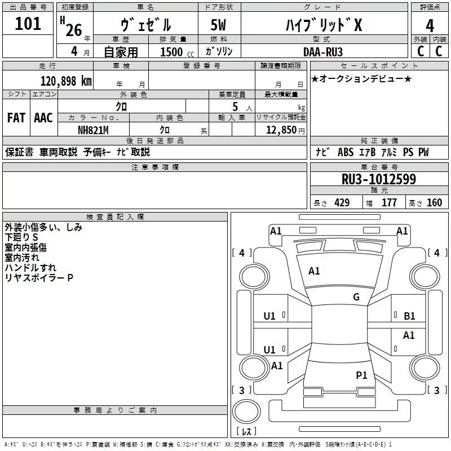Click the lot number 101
click(x=28, y=24)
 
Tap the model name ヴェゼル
click(x=145, y=25)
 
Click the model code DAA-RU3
click(x=322, y=52)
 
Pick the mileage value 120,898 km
click(x=66, y=81)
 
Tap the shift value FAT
click(x=16, y=118)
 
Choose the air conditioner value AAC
click(x=43, y=118)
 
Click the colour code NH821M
click(x=93, y=130)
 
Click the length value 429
click(x=342, y=203)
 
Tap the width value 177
click(x=389, y=203)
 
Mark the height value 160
click(x=435, y=203)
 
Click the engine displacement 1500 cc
click(x=175, y=52)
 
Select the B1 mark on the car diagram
click(x=409, y=316)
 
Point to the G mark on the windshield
click(x=356, y=297)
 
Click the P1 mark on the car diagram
click(x=361, y=375)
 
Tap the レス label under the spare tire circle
click(x=246, y=432)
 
